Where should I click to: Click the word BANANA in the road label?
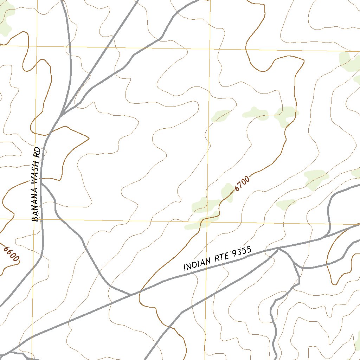pyautogui.click(x=36, y=207)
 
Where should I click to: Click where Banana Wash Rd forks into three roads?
pyautogui.click(x=60, y=115)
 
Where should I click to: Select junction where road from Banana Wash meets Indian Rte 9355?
pyautogui.click(x=131, y=294)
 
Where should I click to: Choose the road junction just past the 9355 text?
pyautogui.click(x=278, y=248)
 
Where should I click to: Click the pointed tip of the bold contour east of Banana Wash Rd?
pyautogui.click(x=89, y=138)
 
